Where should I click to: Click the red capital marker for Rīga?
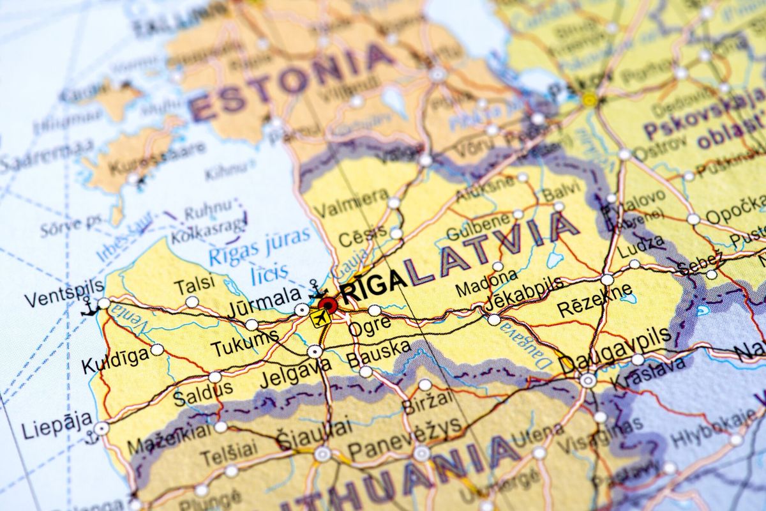click(328, 304)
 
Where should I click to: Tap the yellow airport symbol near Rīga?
click(322, 318)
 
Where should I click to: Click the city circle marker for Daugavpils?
click(587, 380)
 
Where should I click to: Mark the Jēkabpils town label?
click(524, 293)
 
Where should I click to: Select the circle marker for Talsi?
click(191, 301)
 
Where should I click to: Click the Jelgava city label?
click(296, 373)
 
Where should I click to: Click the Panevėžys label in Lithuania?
click(405, 436)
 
